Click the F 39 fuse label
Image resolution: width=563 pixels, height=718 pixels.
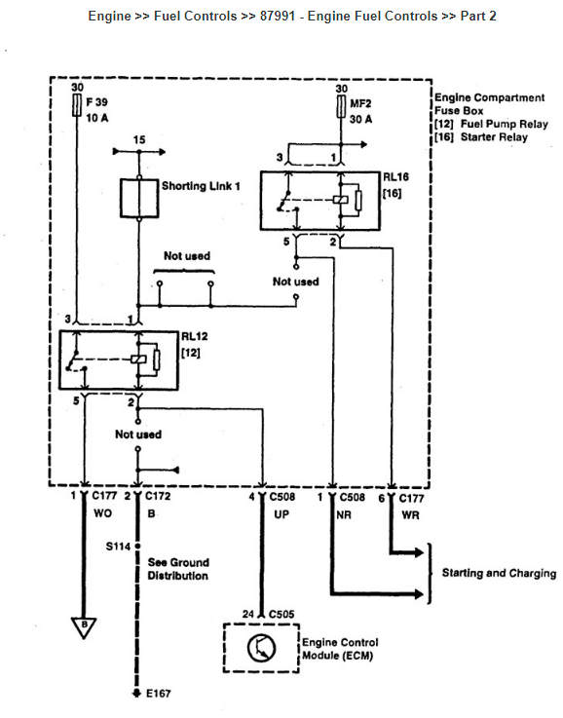coord(96,102)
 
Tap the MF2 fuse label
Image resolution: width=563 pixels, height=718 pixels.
coord(360,104)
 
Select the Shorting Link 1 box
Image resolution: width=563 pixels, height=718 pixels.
coord(139,198)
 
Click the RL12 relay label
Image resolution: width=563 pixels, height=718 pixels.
coord(195,336)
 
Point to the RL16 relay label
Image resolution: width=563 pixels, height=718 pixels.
coord(395,177)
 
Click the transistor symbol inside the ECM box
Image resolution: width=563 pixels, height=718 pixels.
coord(261,648)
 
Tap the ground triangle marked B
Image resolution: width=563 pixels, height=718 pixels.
coord(84,626)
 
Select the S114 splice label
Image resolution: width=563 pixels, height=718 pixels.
coord(118,547)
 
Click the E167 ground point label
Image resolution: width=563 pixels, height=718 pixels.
coord(159,694)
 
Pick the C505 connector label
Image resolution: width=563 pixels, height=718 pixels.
coord(281,614)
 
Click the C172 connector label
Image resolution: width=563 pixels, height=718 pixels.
coord(158,496)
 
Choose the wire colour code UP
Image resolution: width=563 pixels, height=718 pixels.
coord(281,514)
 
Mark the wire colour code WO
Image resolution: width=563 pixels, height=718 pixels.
coord(103,513)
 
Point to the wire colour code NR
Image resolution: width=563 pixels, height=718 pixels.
coord(344,515)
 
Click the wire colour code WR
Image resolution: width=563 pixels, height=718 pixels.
coord(411,515)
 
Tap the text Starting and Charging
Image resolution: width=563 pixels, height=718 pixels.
coord(500,573)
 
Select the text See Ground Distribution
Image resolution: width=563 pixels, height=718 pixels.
coord(178,569)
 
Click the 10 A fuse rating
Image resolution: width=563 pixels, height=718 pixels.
coord(97,118)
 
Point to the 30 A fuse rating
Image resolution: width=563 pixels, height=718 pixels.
coord(361,120)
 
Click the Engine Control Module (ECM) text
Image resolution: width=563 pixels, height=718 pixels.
coord(341,649)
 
